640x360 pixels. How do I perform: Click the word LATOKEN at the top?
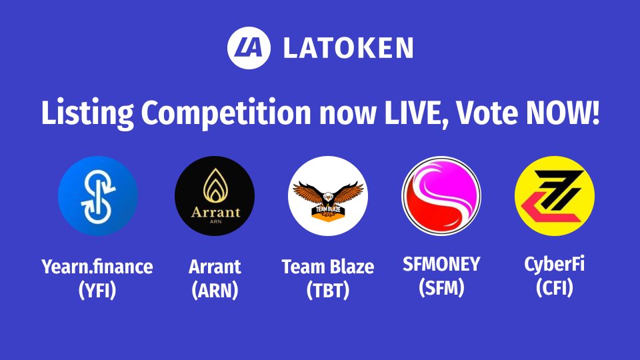coord(347,48)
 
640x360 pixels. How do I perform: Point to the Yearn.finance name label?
coord(97,268)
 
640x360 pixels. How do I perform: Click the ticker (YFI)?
coord(97,291)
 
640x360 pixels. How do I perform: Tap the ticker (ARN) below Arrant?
coord(214,291)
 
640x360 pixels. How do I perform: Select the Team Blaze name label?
coord(327,268)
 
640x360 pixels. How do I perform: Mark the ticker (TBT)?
coord(327,291)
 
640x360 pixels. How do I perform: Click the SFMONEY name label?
coord(441,264)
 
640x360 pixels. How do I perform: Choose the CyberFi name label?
coord(554,264)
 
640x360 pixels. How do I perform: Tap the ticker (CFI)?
coord(554,287)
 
